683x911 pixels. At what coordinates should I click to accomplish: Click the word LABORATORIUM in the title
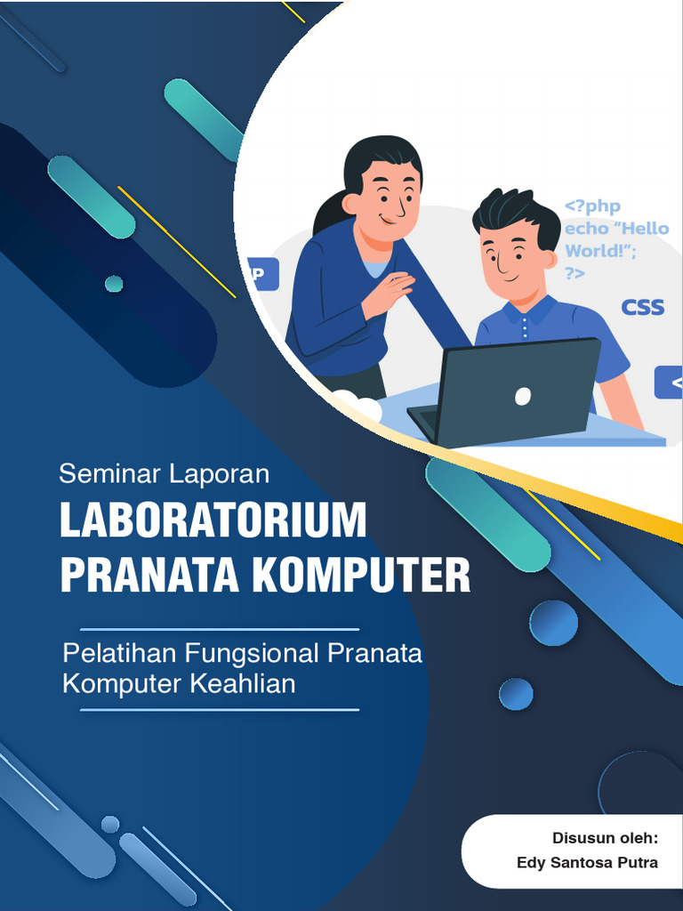tap(213, 521)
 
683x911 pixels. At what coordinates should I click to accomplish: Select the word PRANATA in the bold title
tap(149, 576)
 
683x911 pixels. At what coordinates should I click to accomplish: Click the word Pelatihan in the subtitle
tap(120, 654)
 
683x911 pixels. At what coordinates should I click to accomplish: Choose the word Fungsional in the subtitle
tap(253, 654)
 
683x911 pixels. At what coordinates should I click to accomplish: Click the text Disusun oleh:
tap(605, 838)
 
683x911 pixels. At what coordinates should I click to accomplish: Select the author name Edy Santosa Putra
tap(587, 863)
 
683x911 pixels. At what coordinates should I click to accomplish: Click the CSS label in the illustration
tap(642, 308)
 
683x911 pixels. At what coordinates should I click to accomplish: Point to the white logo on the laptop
tap(523, 396)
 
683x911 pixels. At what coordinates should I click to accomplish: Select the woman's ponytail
tap(329, 214)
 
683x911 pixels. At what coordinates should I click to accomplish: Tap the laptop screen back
tap(520, 391)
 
